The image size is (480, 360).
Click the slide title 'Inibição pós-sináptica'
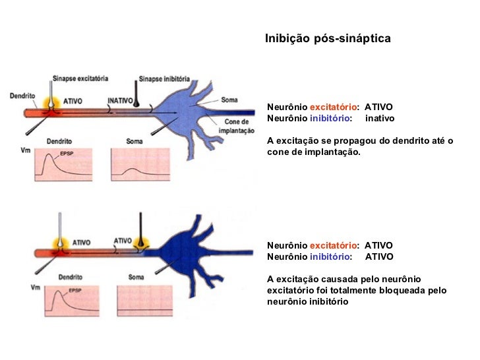(328, 39)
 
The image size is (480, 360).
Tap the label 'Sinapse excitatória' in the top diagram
(80, 78)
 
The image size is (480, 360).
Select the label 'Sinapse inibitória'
(165, 78)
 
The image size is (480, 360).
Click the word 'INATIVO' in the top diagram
(121, 101)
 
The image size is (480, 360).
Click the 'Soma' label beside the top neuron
(230, 100)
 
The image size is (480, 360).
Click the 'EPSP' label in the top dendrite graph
(67, 153)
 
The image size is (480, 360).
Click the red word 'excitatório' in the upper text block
(334, 106)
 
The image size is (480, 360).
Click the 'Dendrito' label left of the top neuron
(22, 96)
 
